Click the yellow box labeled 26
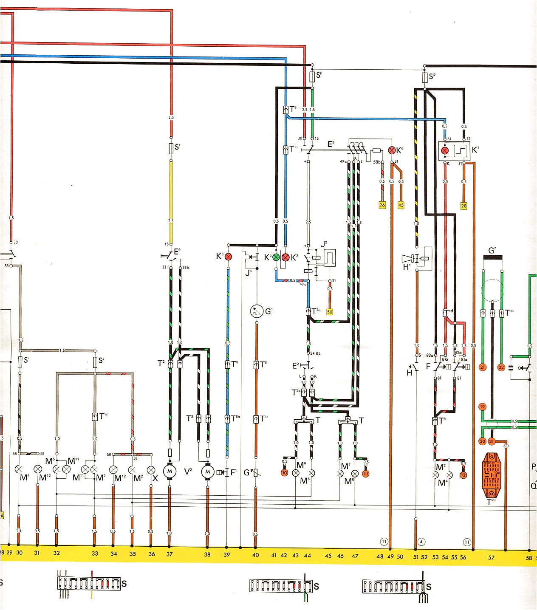point(382,205)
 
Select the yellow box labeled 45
point(401,205)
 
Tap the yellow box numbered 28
point(464,206)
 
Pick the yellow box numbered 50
point(330,312)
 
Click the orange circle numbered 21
point(483,367)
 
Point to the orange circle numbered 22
point(501,367)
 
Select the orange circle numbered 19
point(482,407)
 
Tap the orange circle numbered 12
point(463,475)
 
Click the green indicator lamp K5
point(276,257)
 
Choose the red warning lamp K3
point(228,257)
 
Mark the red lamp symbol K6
point(392,150)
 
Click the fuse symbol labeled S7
point(171,148)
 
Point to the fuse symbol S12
point(424,77)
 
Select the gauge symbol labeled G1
point(257,311)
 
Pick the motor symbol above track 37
point(170,472)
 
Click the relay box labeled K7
point(454,151)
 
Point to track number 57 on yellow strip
point(491,557)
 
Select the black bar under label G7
point(492,257)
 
